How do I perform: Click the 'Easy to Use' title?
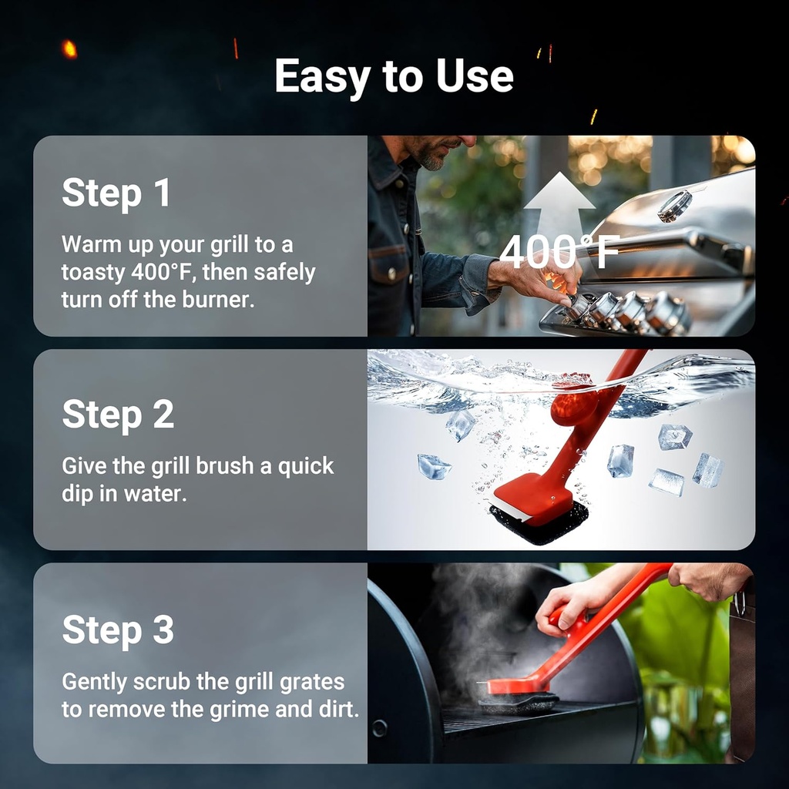pyautogui.click(x=394, y=76)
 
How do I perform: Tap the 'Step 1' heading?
pyautogui.click(x=116, y=193)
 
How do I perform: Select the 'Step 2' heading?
pyautogui.click(x=118, y=414)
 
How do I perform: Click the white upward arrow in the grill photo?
pyautogui.click(x=559, y=208)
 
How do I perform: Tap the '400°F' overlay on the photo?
pyautogui.click(x=559, y=252)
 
